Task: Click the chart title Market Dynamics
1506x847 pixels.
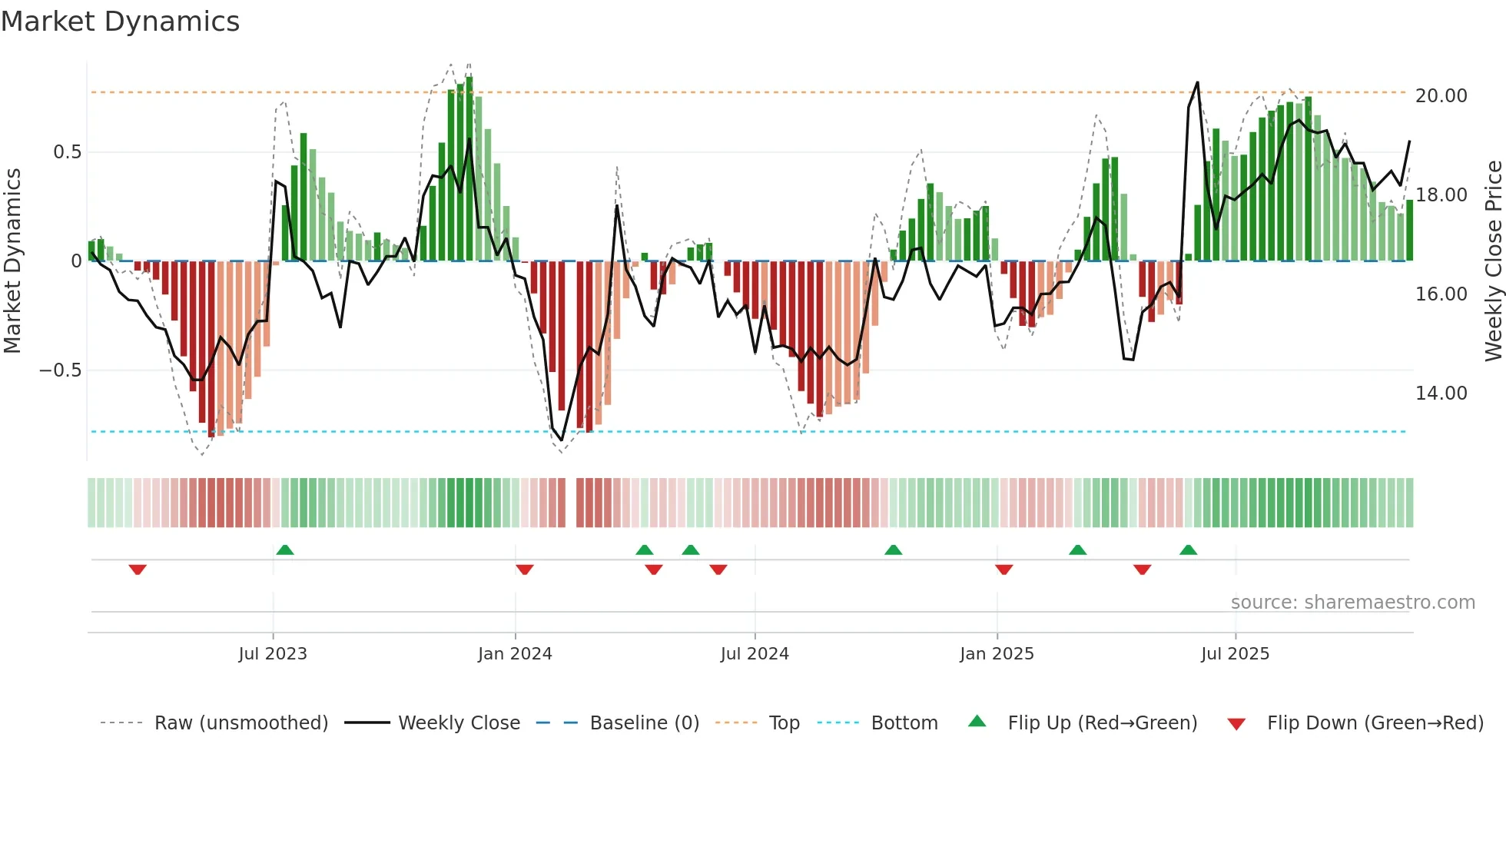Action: (120, 22)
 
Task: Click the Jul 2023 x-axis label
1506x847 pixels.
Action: (272, 654)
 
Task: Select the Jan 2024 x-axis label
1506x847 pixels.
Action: (514, 654)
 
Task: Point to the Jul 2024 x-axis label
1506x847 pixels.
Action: (754, 654)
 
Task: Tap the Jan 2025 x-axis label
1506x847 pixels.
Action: (996, 654)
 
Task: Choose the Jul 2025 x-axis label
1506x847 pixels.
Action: (1235, 654)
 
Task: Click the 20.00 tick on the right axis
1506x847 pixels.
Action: (1441, 96)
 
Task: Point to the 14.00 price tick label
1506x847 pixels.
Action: (1441, 394)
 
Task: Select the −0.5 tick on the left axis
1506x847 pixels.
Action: (60, 370)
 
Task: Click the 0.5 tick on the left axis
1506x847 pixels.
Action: (67, 152)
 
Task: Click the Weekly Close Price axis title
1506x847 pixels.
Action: (1493, 261)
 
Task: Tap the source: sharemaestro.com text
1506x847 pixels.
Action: (1352, 603)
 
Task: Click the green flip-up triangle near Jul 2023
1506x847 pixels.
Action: (285, 550)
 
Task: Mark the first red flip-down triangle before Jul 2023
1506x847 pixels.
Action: (138, 570)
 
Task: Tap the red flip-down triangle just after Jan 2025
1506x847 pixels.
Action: (1003, 570)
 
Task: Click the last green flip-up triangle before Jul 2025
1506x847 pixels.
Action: (1188, 550)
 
